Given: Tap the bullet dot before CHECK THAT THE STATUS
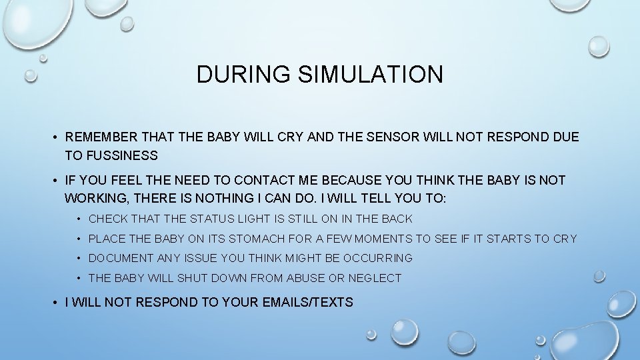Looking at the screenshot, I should [79, 219].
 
